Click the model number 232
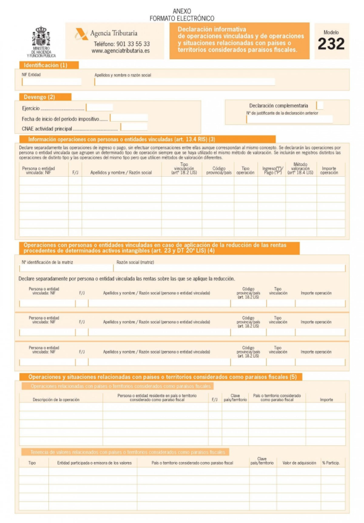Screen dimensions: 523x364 [331, 44]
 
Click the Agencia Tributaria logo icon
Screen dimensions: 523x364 [82, 35]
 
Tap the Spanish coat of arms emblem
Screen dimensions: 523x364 [41, 37]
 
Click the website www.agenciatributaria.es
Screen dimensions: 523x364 [120, 51]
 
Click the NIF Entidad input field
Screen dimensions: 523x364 [51, 82]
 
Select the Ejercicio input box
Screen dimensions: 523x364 [99, 108]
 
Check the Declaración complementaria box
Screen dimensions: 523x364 [320, 105]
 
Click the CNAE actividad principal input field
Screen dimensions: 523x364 [134, 127]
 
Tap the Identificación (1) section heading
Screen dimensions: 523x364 [46, 65]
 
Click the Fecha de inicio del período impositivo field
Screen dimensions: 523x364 [129, 118]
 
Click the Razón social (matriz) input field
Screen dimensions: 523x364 [229, 268]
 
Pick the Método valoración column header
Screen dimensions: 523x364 [300, 169]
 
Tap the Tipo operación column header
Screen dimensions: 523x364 [245, 170]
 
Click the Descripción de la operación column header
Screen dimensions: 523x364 [56, 399]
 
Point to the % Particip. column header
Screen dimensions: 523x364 [331, 463]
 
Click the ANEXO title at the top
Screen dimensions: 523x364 [182, 11]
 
